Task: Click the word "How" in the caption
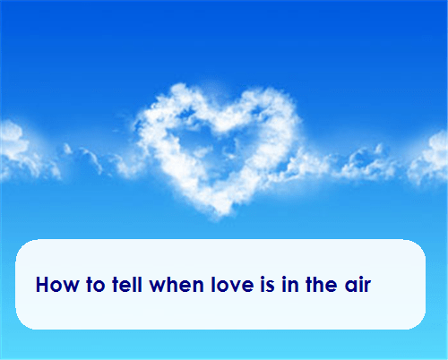tap(55, 286)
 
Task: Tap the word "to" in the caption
tap(90, 286)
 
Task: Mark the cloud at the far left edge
tap(11, 148)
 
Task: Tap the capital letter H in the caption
tap(43, 286)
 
